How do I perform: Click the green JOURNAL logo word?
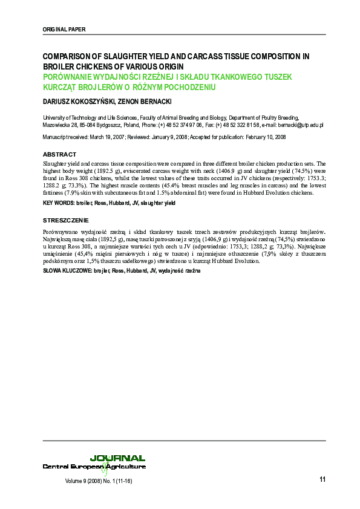pos(117,458)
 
